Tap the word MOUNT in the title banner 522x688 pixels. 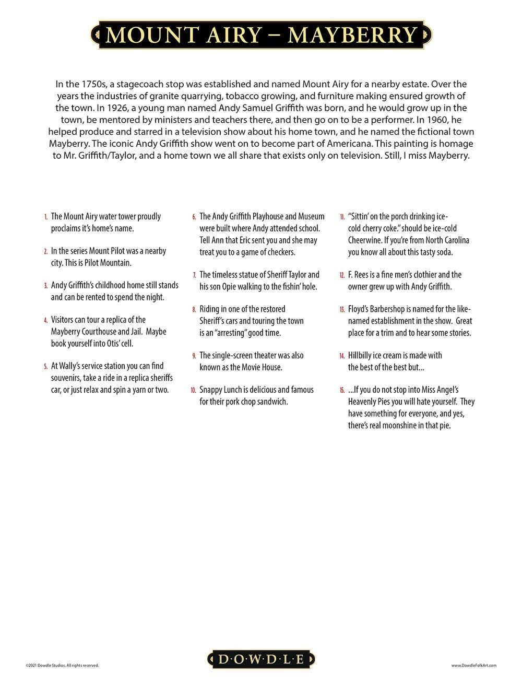[x=140, y=35]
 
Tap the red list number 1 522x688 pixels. [x=46, y=217]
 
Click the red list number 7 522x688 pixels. [x=194, y=275]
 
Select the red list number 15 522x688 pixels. [x=342, y=390]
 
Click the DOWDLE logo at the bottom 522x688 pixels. [x=261, y=659]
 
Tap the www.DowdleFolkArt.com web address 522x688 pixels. [x=473, y=666]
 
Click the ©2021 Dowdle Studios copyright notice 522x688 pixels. [x=62, y=666]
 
